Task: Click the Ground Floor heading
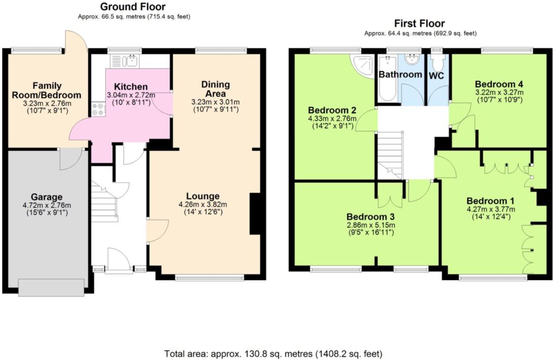pos(133,7)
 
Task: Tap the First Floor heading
pos(420,24)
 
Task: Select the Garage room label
pos(47,197)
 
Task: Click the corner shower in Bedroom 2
pos(362,66)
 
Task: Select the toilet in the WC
pos(438,62)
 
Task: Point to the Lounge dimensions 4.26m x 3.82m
pos(203,204)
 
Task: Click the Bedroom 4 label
pos(499,84)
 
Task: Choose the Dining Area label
pos(216,89)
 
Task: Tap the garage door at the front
pos(51,287)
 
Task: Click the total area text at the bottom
pos(273,353)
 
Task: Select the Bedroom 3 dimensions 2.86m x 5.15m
pos(371,225)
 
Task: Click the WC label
pos(436,76)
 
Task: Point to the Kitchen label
pos(131,87)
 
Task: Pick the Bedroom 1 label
pos(491,201)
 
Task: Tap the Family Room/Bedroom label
pos(47,90)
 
